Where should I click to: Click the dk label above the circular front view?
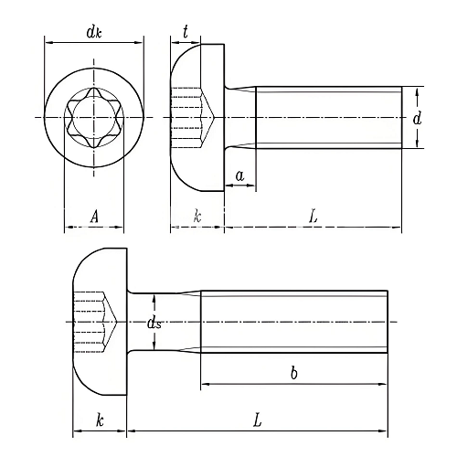coord(93,33)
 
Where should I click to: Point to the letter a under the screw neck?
coord(239,174)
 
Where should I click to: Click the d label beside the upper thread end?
coord(416,118)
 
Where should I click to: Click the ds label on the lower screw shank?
coord(154,322)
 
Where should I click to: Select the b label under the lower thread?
coord(293,373)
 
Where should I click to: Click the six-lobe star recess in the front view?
coord(93,118)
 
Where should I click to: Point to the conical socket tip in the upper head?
coord(212,118)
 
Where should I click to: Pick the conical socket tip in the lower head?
coord(114,321)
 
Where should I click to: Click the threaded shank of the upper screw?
coord(329,117)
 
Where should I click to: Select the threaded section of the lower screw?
coord(292,321)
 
